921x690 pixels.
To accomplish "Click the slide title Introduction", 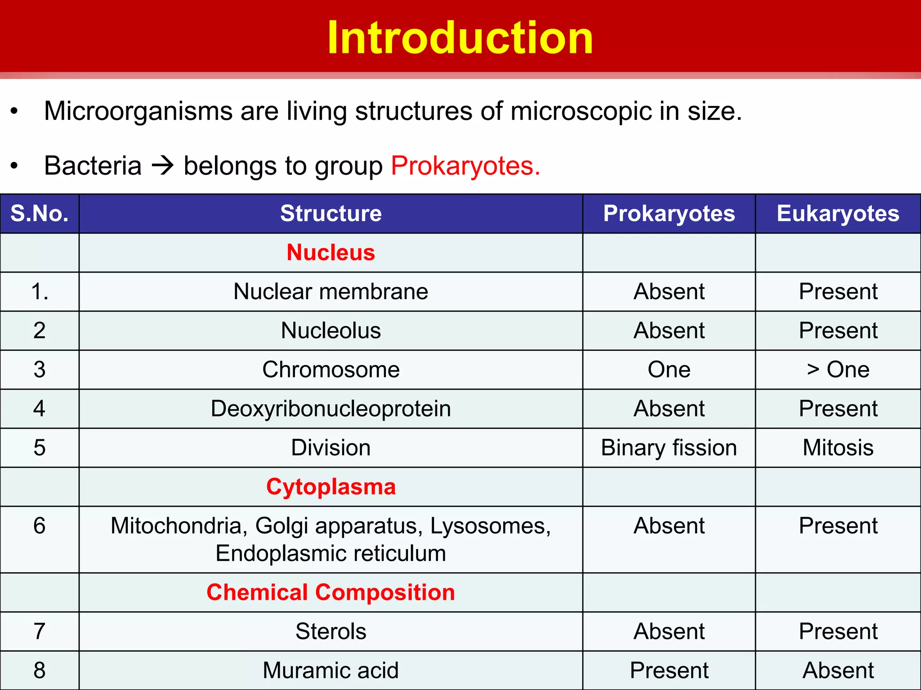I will (460, 38).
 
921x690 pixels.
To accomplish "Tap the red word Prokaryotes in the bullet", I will (465, 166).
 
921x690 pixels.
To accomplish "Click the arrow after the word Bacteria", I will (163, 166).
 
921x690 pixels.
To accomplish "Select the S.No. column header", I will (40, 213).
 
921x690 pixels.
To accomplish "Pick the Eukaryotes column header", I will (838, 213).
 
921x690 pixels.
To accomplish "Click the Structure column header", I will (331, 213).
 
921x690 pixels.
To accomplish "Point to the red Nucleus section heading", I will (331, 252).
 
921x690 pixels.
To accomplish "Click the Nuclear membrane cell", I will (331, 292).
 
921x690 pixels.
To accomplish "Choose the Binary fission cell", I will (669, 448).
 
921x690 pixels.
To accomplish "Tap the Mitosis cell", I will (838, 448).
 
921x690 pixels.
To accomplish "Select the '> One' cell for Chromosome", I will (838, 370).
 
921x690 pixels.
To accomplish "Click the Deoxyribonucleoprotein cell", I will (331, 409).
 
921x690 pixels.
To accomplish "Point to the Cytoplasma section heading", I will (331, 487).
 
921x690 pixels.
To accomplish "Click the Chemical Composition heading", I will (331, 592).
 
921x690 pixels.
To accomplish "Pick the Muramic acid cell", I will (331, 670).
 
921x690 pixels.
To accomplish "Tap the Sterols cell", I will (331, 631).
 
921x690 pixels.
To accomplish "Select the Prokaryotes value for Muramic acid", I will (669, 670).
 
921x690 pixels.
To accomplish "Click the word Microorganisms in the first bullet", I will (138, 111).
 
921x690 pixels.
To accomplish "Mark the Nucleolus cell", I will (331, 331).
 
